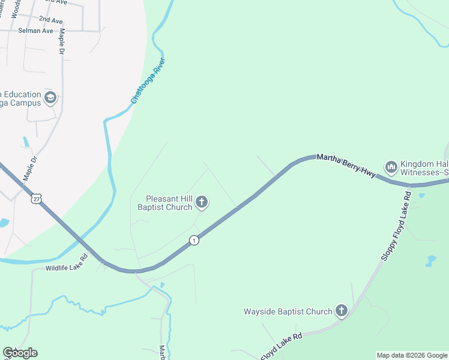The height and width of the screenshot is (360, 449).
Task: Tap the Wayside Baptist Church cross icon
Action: click(x=342, y=311)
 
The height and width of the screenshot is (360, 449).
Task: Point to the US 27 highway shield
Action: click(x=38, y=198)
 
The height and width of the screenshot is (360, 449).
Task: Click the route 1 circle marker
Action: click(x=194, y=240)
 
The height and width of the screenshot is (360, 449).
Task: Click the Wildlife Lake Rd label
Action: click(x=67, y=262)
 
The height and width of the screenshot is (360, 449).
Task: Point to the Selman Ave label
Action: click(x=35, y=30)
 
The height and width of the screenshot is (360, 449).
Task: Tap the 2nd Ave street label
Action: click(x=50, y=20)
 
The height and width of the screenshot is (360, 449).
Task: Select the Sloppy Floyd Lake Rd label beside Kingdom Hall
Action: click(x=395, y=226)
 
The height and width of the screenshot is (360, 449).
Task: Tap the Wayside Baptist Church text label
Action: click(x=288, y=311)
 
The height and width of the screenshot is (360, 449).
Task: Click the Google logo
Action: click(x=20, y=353)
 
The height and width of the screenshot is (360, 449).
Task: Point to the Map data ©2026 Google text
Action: click(x=412, y=355)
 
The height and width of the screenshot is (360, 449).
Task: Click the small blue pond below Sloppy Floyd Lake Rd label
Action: click(x=430, y=261)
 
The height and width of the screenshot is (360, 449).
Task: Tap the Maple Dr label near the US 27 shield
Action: click(x=30, y=168)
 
